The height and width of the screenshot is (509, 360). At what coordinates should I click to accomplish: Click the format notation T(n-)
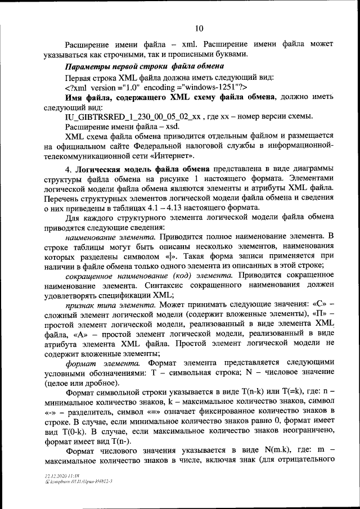pyautogui.click(x=120, y=441)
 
